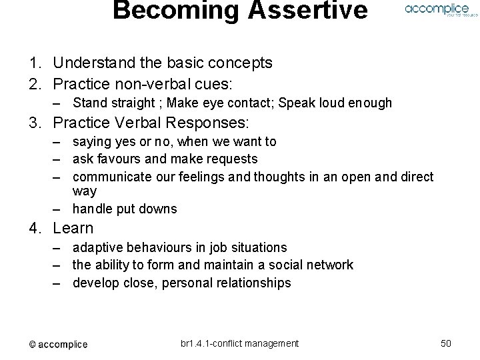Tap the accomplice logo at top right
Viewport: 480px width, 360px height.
(x=437, y=9)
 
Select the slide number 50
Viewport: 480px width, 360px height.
(x=446, y=343)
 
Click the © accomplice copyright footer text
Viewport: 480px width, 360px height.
(x=58, y=344)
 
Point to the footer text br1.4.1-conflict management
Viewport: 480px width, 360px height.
(x=239, y=343)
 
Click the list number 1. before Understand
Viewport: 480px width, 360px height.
(x=36, y=63)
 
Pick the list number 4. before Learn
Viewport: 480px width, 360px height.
(x=36, y=228)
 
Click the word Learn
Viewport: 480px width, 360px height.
(x=73, y=228)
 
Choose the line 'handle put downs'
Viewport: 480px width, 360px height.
(x=125, y=209)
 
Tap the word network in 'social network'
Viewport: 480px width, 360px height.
(x=329, y=265)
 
